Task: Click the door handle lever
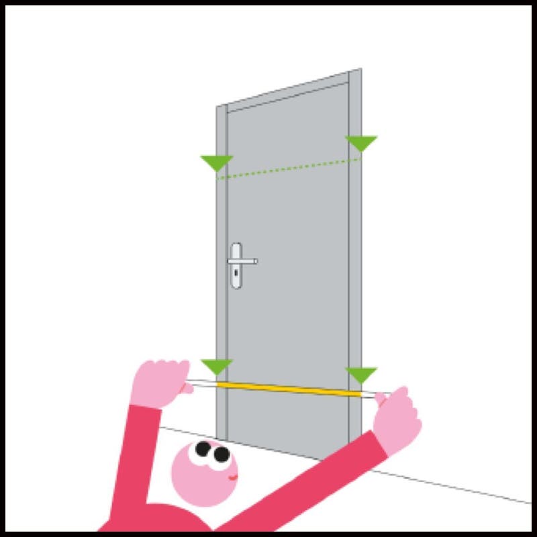click(x=244, y=260)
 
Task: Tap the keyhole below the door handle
click(x=236, y=277)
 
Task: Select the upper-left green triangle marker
click(x=217, y=162)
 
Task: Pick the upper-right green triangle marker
click(x=361, y=142)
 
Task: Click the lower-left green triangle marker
click(x=217, y=366)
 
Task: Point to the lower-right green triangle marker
click(x=361, y=374)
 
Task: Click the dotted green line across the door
click(x=289, y=168)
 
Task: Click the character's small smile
click(x=231, y=478)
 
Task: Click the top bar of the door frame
click(x=289, y=88)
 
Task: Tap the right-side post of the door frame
click(x=356, y=268)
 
